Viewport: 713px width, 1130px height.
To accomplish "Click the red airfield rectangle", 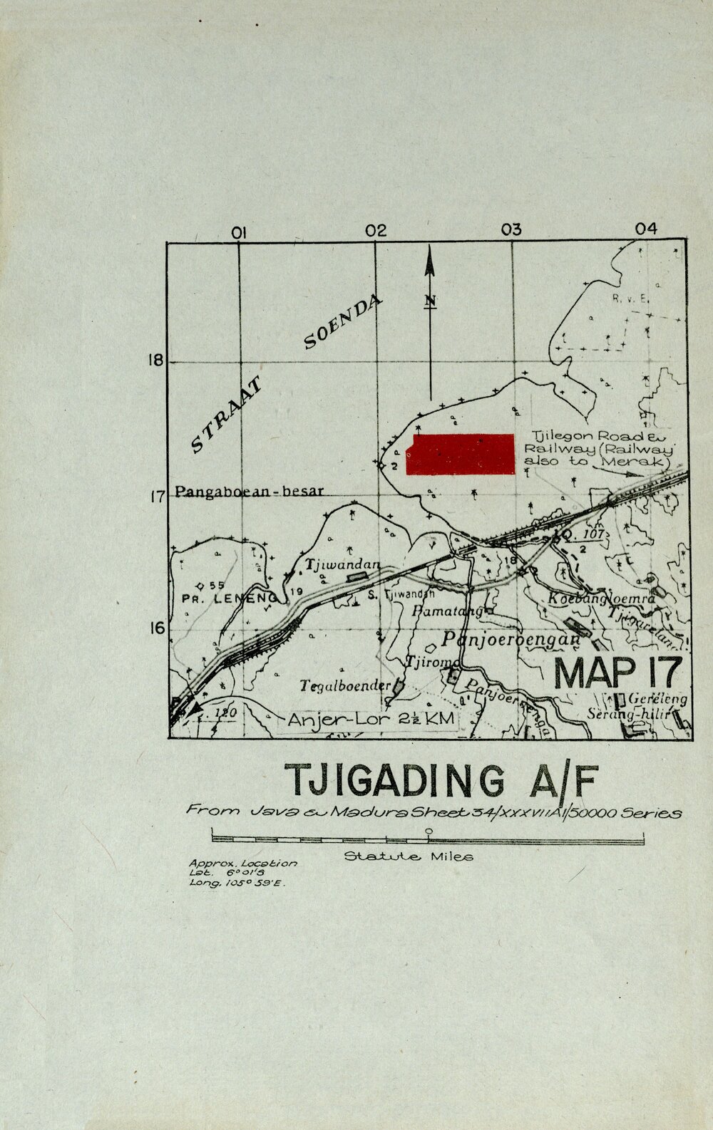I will [461, 454].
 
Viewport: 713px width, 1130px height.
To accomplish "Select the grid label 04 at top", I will [645, 229].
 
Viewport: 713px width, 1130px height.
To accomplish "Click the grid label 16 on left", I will [156, 628].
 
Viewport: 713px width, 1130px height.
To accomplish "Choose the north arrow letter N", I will [430, 301].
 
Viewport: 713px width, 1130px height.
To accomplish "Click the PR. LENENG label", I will [227, 598].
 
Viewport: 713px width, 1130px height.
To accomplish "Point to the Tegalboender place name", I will [346, 686].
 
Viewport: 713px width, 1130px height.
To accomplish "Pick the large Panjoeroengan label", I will [511, 639].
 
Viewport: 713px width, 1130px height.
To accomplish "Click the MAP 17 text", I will [617, 672].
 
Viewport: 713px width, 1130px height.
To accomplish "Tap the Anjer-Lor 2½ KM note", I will [371, 720].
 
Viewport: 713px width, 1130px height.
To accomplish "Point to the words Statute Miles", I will [409, 856].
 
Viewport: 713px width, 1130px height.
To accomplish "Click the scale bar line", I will [428, 840].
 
